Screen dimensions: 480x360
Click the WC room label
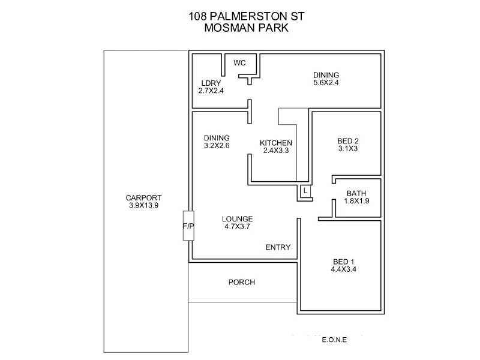click(x=239, y=63)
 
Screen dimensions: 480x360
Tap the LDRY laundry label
click(x=211, y=83)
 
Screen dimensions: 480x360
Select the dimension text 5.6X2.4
click(x=326, y=83)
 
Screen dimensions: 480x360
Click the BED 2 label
click(x=347, y=141)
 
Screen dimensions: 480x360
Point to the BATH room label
click(x=356, y=193)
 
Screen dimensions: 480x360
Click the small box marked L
click(x=305, y=191)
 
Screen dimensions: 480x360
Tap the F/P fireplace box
click(x=188, y=226)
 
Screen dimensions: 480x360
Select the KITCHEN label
click(x=276, y=143)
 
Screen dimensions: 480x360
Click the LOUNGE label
click(x=237, y=219)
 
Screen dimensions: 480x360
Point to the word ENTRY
click(x=278, y=247)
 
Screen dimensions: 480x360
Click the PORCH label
click(x=242, y=282)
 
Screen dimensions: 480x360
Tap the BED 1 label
click(x=344, y=262)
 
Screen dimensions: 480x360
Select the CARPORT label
click(x=143, y=199)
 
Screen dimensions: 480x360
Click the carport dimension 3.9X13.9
click(x=143, y=206)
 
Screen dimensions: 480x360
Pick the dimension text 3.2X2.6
click(x=217, y=145)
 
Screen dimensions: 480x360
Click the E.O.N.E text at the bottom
click(x=335, y=340)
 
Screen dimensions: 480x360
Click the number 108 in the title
click(x=197, y=16)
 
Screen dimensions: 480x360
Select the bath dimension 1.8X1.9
click(x=356, y=201)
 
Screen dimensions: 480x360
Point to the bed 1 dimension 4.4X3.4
click(x=344, y=269)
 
